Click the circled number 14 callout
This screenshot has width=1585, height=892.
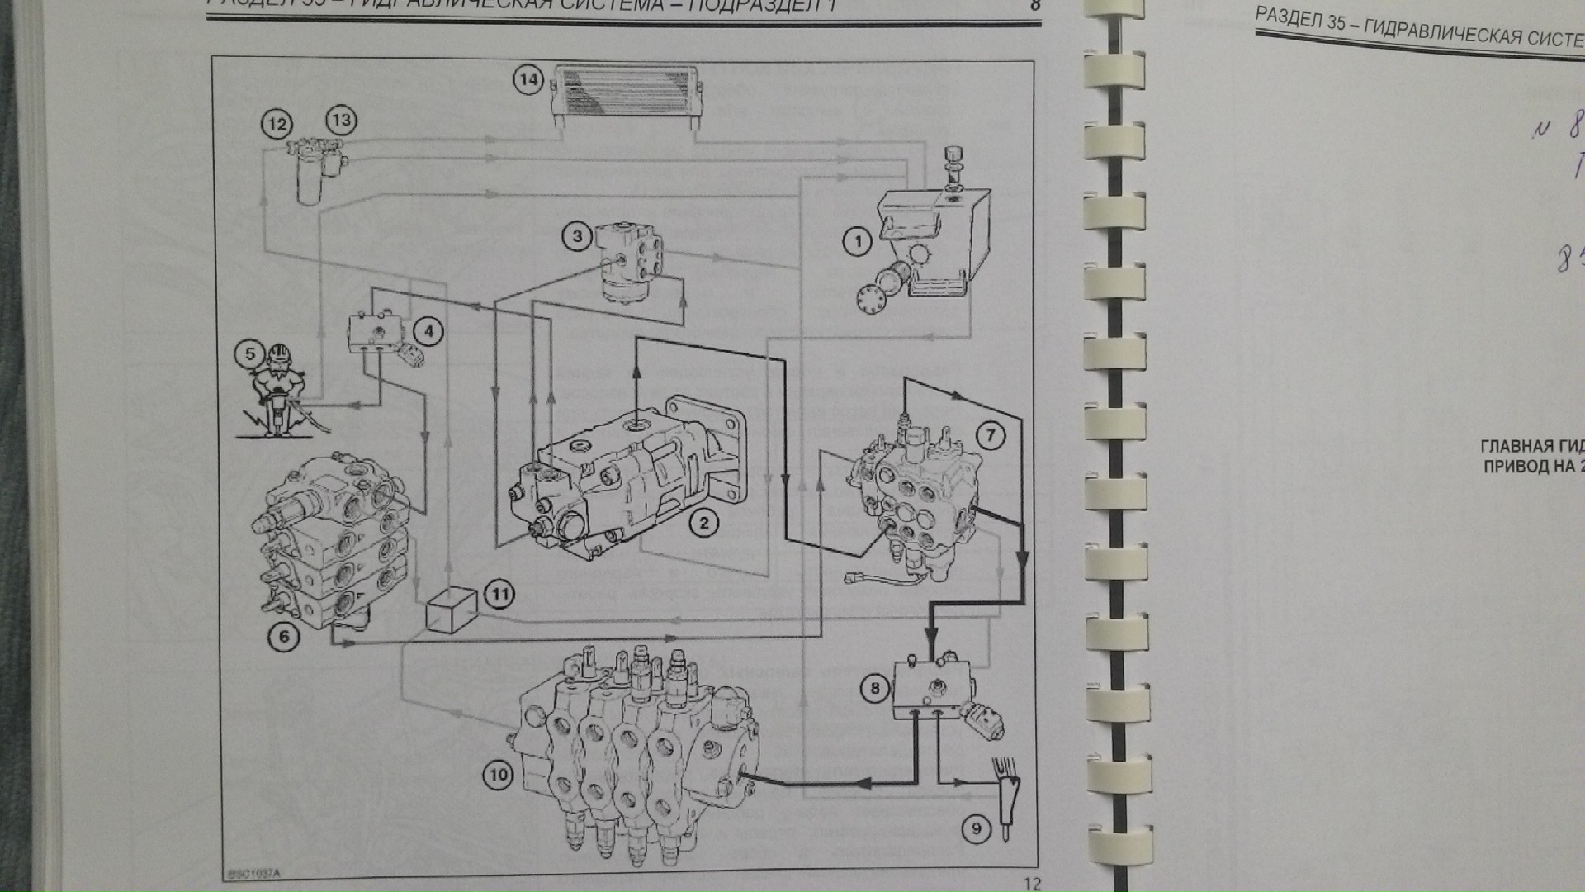529,80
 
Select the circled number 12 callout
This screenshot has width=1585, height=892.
277,125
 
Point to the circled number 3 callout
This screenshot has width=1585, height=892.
577,237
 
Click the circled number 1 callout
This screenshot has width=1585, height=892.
858,242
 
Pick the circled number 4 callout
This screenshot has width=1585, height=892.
428,332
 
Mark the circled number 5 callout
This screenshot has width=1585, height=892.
250,354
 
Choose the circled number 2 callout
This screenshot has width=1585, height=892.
703,523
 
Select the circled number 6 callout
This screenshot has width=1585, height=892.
284,635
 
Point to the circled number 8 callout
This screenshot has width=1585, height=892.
875,687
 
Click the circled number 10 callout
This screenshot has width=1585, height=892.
498,775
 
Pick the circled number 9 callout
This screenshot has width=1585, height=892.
976,828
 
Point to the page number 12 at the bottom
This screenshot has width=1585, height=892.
1033,884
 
